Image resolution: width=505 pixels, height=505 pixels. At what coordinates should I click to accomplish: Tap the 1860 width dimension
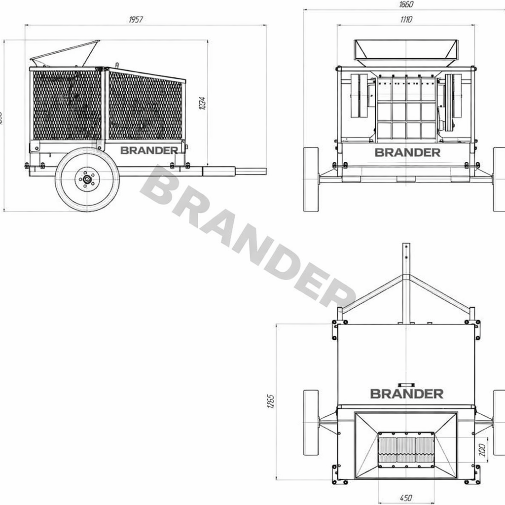pos(406,4)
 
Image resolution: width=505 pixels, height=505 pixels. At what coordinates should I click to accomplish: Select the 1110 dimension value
pos(406,20)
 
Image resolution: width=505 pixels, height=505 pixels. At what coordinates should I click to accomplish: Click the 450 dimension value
pos(405,498)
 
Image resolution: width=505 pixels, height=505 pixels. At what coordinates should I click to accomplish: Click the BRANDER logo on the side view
pos(149,150)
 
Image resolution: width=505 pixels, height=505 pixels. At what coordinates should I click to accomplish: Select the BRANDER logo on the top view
pos(406,394)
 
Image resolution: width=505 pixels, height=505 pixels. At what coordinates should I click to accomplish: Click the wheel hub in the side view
pos(87,180)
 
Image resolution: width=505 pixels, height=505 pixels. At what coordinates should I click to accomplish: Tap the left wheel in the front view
pos(311,179)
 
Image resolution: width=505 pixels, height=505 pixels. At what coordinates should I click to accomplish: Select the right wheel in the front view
pos(499,179)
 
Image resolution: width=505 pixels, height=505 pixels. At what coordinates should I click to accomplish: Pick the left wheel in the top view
pos(311,423)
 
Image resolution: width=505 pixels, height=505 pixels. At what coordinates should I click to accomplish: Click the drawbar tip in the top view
pos(406,247)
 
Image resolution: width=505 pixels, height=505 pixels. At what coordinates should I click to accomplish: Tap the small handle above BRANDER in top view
pos(406,384)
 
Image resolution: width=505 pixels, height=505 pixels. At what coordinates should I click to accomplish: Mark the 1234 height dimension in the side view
pos(203,103)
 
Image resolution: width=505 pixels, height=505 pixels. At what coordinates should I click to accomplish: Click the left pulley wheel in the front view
pos(359,96)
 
